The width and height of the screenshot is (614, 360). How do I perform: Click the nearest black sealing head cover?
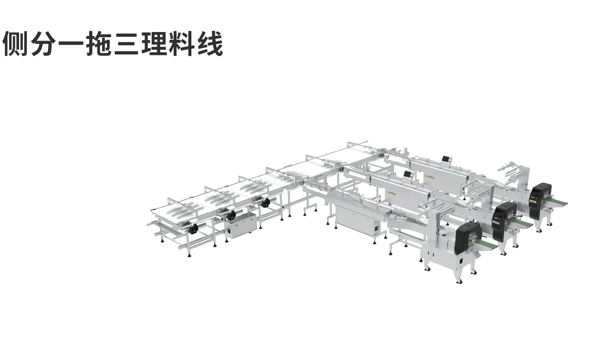tap(468, 237)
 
